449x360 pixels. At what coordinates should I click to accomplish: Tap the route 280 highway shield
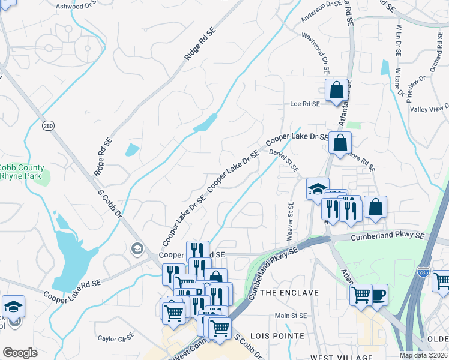point(49,125)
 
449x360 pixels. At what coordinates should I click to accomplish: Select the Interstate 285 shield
point(424,273)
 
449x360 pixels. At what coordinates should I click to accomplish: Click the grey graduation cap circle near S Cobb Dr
point(137,248)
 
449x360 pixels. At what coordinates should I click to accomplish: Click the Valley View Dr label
point(429,108)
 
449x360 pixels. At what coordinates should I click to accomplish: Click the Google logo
point(20,353)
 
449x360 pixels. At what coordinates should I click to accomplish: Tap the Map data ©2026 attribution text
point(423,355)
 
